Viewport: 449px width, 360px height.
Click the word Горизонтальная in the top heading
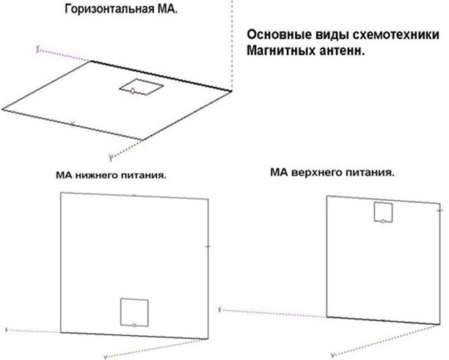109,10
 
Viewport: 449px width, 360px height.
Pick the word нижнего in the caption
97,175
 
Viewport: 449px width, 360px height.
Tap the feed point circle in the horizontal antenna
133,91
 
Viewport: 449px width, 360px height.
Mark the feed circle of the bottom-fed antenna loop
134,325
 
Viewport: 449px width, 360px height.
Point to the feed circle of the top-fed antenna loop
383,221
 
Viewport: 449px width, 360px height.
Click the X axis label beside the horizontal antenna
37,49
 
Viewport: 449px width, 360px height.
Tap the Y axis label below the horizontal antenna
111,158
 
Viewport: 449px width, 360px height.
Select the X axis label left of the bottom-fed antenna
7,330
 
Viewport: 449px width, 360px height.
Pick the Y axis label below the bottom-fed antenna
106,357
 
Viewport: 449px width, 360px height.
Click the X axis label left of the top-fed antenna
219,309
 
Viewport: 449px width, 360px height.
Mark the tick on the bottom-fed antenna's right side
208,246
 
